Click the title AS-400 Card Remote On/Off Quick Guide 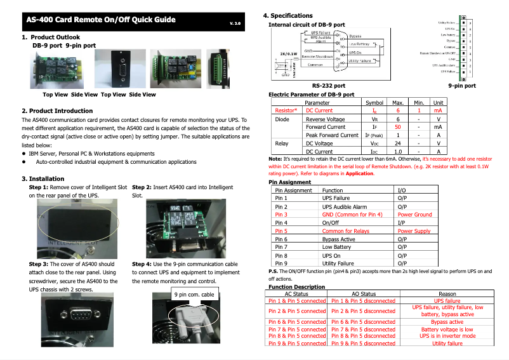click(x=100, y=20)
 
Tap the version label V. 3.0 click(x=235, y=23)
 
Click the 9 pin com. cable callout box click(x=194, y=294)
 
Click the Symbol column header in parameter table click(x=374, y=102)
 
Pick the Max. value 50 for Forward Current click(x=397, y=127)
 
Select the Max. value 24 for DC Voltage click(x=397, y=143)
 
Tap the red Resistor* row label click(x=286, y=110)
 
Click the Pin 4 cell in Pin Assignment click(x=281, y=223)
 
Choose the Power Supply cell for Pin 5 click(x=414, y=231)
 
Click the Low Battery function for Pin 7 click(x=336, y=247)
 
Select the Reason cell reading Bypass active click(x=447, y=322)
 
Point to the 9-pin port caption click(x=462, y=85)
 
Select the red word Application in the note click(x=360, y=174)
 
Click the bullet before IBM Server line click(x=24, y=154)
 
